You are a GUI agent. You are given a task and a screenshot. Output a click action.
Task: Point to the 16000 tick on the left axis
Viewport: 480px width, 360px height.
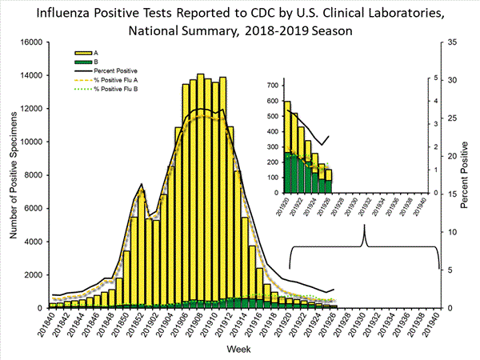click(30, 42)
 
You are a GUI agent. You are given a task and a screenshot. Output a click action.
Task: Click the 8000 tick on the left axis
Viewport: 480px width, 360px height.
click(33, 175)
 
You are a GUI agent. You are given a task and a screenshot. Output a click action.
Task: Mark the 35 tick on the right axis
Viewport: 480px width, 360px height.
click(451, 42)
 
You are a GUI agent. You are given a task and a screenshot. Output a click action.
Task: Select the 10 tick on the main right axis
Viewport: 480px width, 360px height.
click(451, 232)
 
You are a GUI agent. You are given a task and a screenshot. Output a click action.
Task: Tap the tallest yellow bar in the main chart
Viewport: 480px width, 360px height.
click(200, 192)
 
